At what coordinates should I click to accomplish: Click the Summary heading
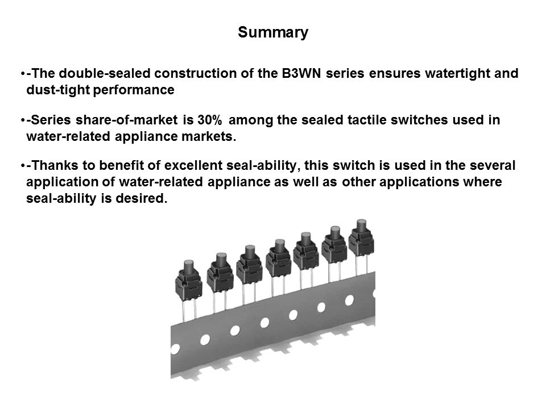pyautogui.click(x=273, y=33)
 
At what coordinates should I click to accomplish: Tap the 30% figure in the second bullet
pyautogui.click(x=210, y=120)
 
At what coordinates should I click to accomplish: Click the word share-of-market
pyautogui.click(x=127, y=120)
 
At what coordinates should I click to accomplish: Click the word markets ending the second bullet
pyautogui.click(x=209, y=136)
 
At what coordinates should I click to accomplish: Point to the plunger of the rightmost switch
pyautogui.click(x=362, y=226)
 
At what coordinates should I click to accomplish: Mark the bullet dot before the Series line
pyautogui.click(x=23, y=120)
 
